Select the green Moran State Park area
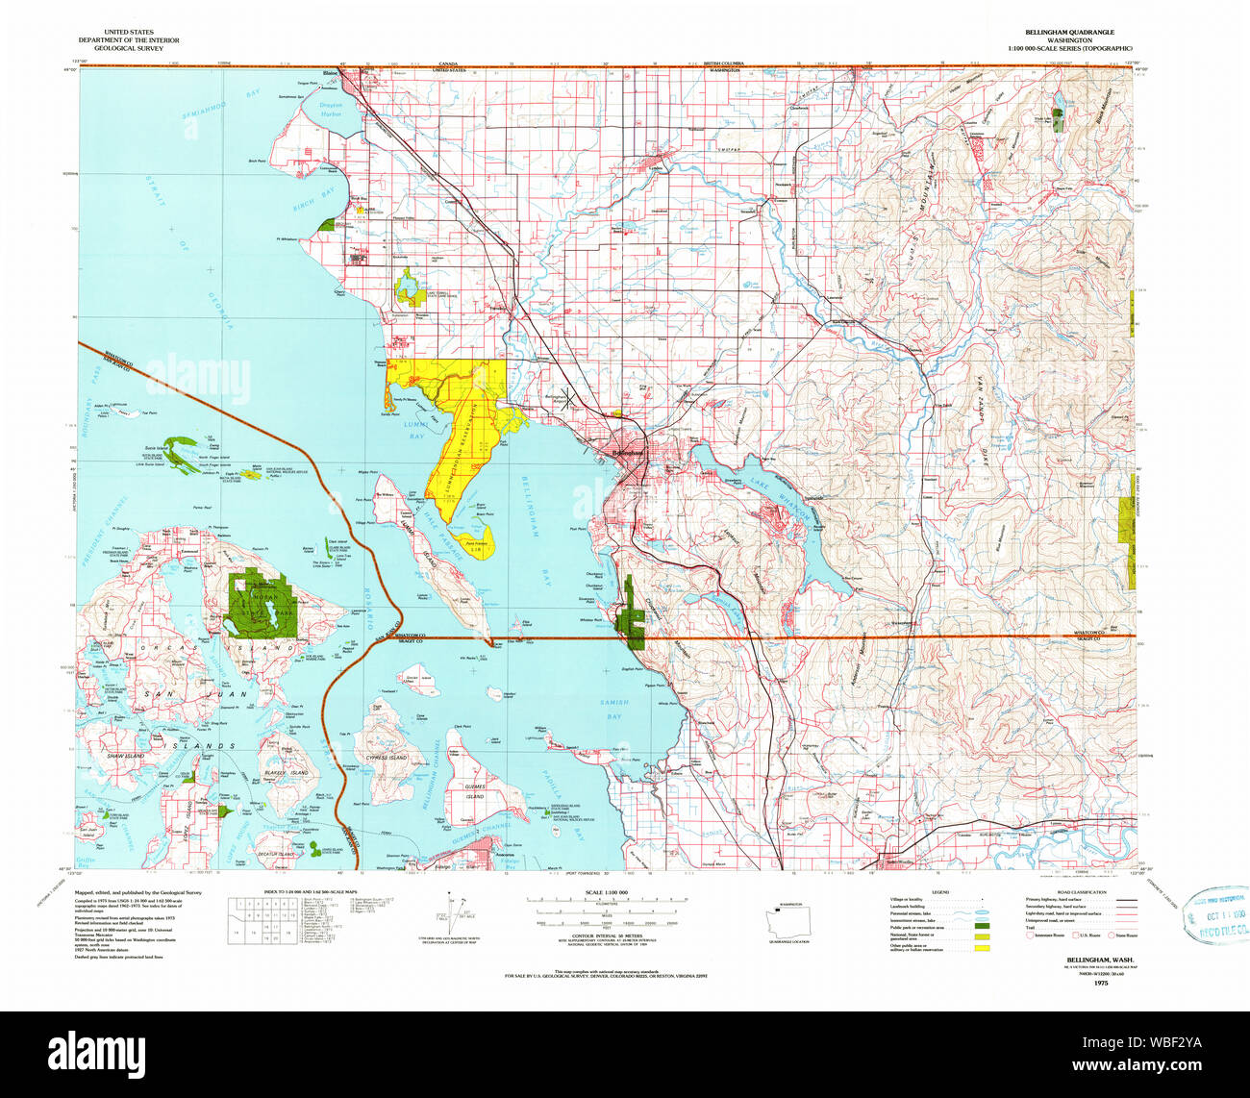(x=260, y=604)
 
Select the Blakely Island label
(x=287, y=772)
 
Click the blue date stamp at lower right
(x=1217, y=916)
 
